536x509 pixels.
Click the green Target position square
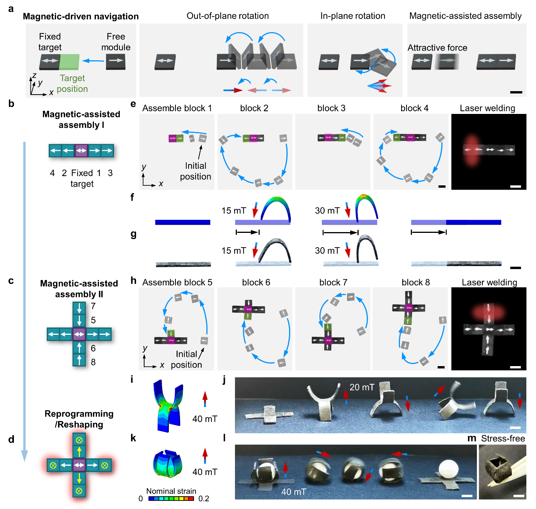point(69,62)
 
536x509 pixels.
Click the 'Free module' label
point(116,42)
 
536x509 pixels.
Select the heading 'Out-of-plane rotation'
point(227,16)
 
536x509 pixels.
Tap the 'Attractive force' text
point(437,48)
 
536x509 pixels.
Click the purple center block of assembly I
point(81,150)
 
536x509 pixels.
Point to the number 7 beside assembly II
point(93,306)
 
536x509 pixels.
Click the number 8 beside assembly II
point(93,362)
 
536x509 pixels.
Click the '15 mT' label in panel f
point(234,210)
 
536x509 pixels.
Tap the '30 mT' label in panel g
point(327,251)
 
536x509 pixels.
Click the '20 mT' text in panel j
point(362,387)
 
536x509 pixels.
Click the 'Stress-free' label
point(503,438)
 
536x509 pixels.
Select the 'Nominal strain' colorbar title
point(171,491)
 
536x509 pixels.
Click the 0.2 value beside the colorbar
point(204,499)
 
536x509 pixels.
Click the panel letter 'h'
point(133,280)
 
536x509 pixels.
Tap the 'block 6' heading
point(256,282)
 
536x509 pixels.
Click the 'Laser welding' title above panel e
point(487,108)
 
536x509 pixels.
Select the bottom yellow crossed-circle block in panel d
point(79,491)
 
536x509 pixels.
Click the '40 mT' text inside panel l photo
point(294,492)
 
